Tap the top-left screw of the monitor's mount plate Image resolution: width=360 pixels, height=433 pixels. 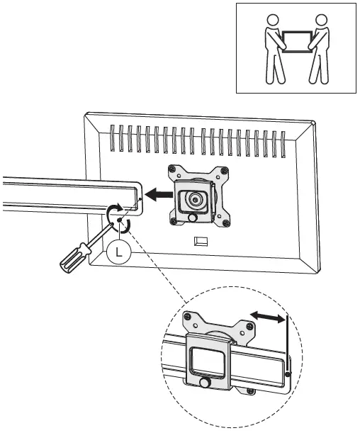coord(171,170)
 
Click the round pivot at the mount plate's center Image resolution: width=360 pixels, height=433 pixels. coord(193,201)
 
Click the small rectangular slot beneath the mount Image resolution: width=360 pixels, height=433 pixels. coord(201,241)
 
